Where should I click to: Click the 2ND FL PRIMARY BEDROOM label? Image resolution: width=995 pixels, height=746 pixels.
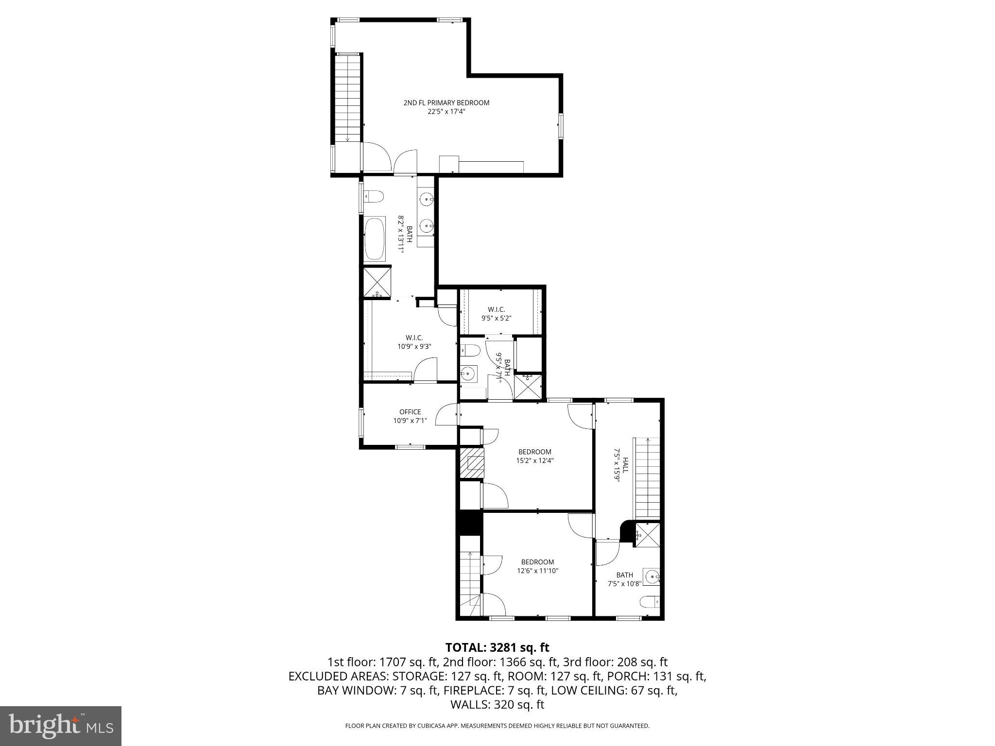pos(446,102)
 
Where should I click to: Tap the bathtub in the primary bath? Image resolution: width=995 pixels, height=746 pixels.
pos(375,239)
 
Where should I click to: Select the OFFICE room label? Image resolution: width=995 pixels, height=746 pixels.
pos(410,412)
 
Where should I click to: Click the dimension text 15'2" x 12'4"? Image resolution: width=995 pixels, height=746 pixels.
pos(534,460)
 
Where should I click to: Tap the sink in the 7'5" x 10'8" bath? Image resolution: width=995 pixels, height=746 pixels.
pos(652,576)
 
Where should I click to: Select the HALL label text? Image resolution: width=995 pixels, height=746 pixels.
pos(625,465)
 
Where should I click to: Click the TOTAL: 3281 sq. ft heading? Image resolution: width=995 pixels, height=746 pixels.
pos(497,647)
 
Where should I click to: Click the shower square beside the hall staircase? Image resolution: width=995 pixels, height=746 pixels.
pos(648,535)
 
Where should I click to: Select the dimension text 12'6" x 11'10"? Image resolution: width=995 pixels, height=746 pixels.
pos(537,571)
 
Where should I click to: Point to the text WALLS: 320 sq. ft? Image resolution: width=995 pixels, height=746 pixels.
pos(497,704)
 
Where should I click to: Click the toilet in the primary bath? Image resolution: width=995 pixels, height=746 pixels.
pos(374,197)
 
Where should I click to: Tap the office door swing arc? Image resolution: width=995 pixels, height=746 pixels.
pos(446,416)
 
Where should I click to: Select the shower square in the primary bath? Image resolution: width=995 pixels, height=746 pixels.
pos(377,282)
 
